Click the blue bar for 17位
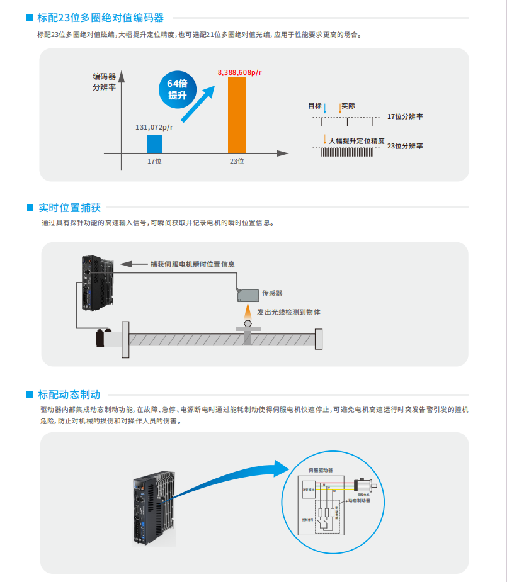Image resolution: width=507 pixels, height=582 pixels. [154, 143]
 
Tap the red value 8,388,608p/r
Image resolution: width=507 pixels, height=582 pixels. [240, 72]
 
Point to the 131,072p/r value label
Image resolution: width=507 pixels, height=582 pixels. [154, 127]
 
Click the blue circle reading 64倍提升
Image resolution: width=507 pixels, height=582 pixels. [178, 89]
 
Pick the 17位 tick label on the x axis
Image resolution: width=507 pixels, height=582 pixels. [154, 162]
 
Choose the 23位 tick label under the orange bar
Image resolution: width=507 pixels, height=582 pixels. [237, 162]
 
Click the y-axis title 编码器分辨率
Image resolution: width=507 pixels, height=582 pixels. [104, 82]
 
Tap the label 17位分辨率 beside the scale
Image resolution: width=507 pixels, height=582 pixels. [404, 116]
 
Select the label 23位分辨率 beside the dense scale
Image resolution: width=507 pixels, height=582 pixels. [404, 145]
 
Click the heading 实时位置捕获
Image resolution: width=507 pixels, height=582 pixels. [69, 208]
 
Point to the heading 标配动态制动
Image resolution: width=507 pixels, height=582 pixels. [69, 395]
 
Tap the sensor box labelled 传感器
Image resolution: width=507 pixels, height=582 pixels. [246, 294]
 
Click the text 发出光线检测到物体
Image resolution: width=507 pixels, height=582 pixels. [288, 311]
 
